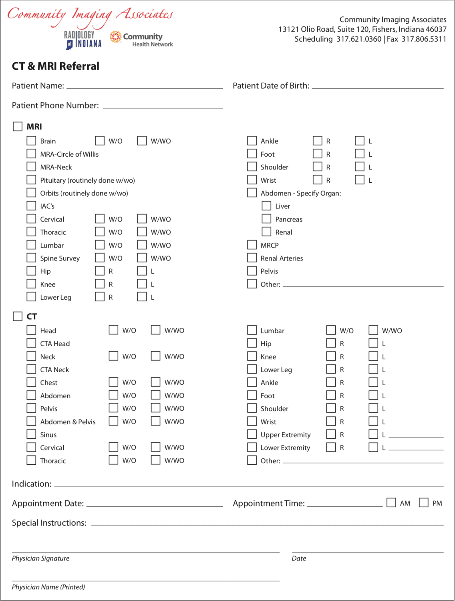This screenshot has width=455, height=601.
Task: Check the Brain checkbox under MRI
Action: [x=31, y=141]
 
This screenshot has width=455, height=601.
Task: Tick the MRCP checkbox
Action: [x=252, y=245]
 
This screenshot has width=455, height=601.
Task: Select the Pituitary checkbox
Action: [x=31, y=180]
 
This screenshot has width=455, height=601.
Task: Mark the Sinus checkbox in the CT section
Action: [x=31, y=434]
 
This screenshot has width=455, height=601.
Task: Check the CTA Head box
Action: [x=31, y=343]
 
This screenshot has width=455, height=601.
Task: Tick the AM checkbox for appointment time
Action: [x=391, y=502]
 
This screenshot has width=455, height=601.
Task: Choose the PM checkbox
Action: [x=424, y=502]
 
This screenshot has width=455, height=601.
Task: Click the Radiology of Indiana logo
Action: [x=83, y=40]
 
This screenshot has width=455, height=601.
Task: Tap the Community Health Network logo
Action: [x=141, y=39]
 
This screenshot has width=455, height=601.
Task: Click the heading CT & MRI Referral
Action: [x=56, y=66]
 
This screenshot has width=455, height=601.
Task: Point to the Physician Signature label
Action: [x=40, y=559]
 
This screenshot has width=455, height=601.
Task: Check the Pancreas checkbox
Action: [x=266, y=219]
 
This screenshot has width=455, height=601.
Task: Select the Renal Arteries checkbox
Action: [x=252, y=258]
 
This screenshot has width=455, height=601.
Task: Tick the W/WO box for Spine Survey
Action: [x=142, y=258]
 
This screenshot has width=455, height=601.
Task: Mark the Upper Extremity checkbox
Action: [x=252, y=434]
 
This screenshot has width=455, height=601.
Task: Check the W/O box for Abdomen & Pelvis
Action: [x=114, y=421]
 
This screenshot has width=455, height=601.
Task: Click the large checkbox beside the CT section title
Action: [x=18, y=316]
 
